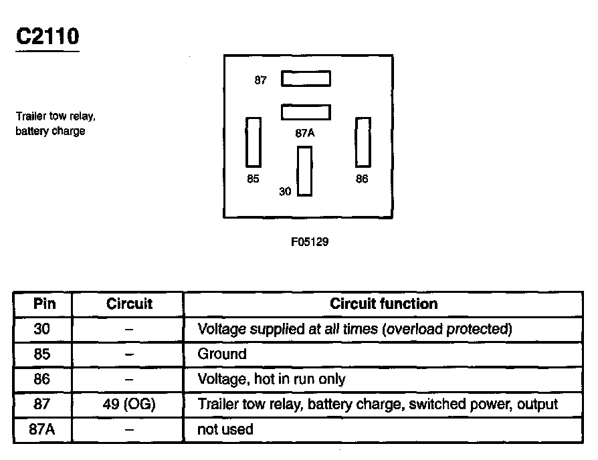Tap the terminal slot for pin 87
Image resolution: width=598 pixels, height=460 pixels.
point(306,79)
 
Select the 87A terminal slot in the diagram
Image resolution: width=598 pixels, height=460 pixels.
point(306,111)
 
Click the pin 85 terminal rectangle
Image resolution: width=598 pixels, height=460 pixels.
point(254,142)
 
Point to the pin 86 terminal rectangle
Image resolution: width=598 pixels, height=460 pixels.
point(363,142)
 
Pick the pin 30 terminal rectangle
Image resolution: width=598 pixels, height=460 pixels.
point(305,171)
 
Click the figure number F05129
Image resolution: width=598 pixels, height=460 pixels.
point(310,241)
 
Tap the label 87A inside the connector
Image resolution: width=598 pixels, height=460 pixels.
point(305,132)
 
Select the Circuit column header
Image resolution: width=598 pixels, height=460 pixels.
point(129,304)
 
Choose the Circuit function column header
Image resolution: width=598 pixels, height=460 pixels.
point(384,304)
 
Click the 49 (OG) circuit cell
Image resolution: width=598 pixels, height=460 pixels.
point(129,404)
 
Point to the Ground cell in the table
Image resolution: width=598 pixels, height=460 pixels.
point(222,354)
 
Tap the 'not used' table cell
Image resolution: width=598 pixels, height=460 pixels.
point(225,429)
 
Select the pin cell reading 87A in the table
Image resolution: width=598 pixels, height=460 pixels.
point(42,429)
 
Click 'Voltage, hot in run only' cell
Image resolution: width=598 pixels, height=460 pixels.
point(272,379)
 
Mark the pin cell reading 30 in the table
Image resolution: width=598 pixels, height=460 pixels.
point(42,329)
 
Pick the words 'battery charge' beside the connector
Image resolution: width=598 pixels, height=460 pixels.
point(50,131)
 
